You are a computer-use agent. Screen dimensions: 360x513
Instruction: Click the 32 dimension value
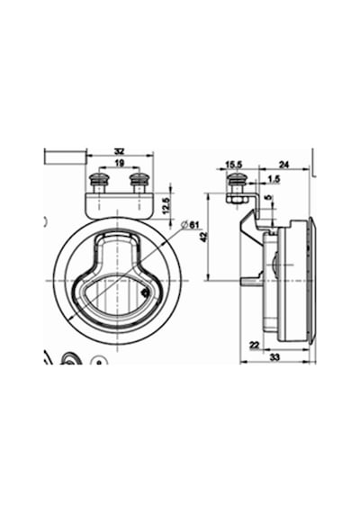click(120, 152)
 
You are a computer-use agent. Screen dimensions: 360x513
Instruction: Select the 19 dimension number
click(120, 163)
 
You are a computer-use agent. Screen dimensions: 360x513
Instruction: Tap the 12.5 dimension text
click(166, 205)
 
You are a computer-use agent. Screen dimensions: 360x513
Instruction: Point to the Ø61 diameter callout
click(190, 225)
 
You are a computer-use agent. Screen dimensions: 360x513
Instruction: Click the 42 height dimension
click(204, 237)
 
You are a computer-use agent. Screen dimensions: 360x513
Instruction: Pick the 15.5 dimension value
click(234, 165)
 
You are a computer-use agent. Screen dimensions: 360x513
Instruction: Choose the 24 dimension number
click(283, 165)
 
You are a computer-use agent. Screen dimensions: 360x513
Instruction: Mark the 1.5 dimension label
click(274, 179)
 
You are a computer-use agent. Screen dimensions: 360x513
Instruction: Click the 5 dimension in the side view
click(268, 198)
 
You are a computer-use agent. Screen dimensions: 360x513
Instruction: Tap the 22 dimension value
click(254, 345)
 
